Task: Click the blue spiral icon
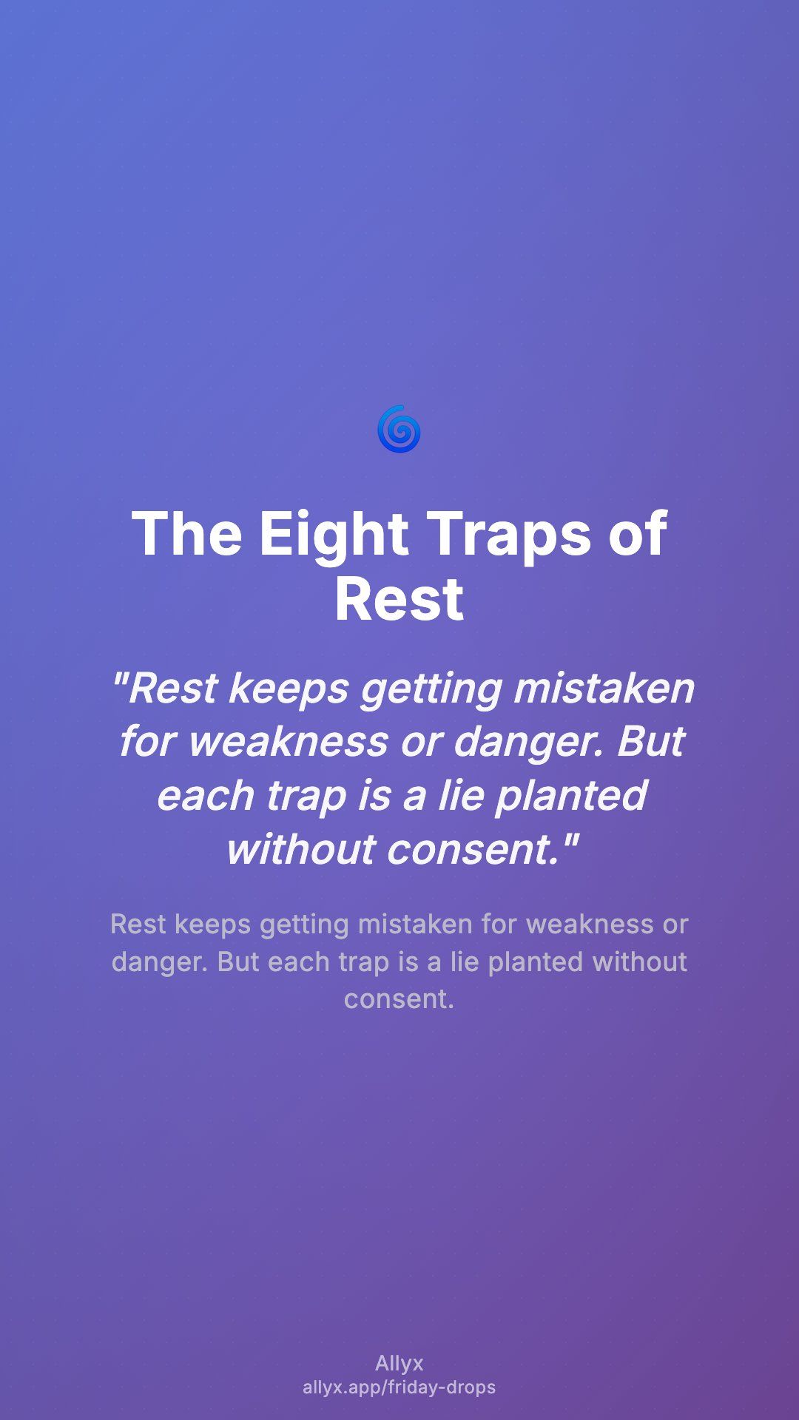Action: (399, 429)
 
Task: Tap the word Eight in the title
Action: (334, 535)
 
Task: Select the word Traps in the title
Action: (510, 535)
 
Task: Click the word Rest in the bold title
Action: (399, 599)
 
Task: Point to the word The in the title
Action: (187, 534)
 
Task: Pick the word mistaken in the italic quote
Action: (604, 688)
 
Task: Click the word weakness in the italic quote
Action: (289, 742)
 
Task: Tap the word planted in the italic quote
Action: (572, 796)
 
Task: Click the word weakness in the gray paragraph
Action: (590, 924)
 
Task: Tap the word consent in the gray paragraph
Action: (399, 999)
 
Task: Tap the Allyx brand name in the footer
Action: (399, 1363)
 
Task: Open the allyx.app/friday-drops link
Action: (399, 1387)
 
